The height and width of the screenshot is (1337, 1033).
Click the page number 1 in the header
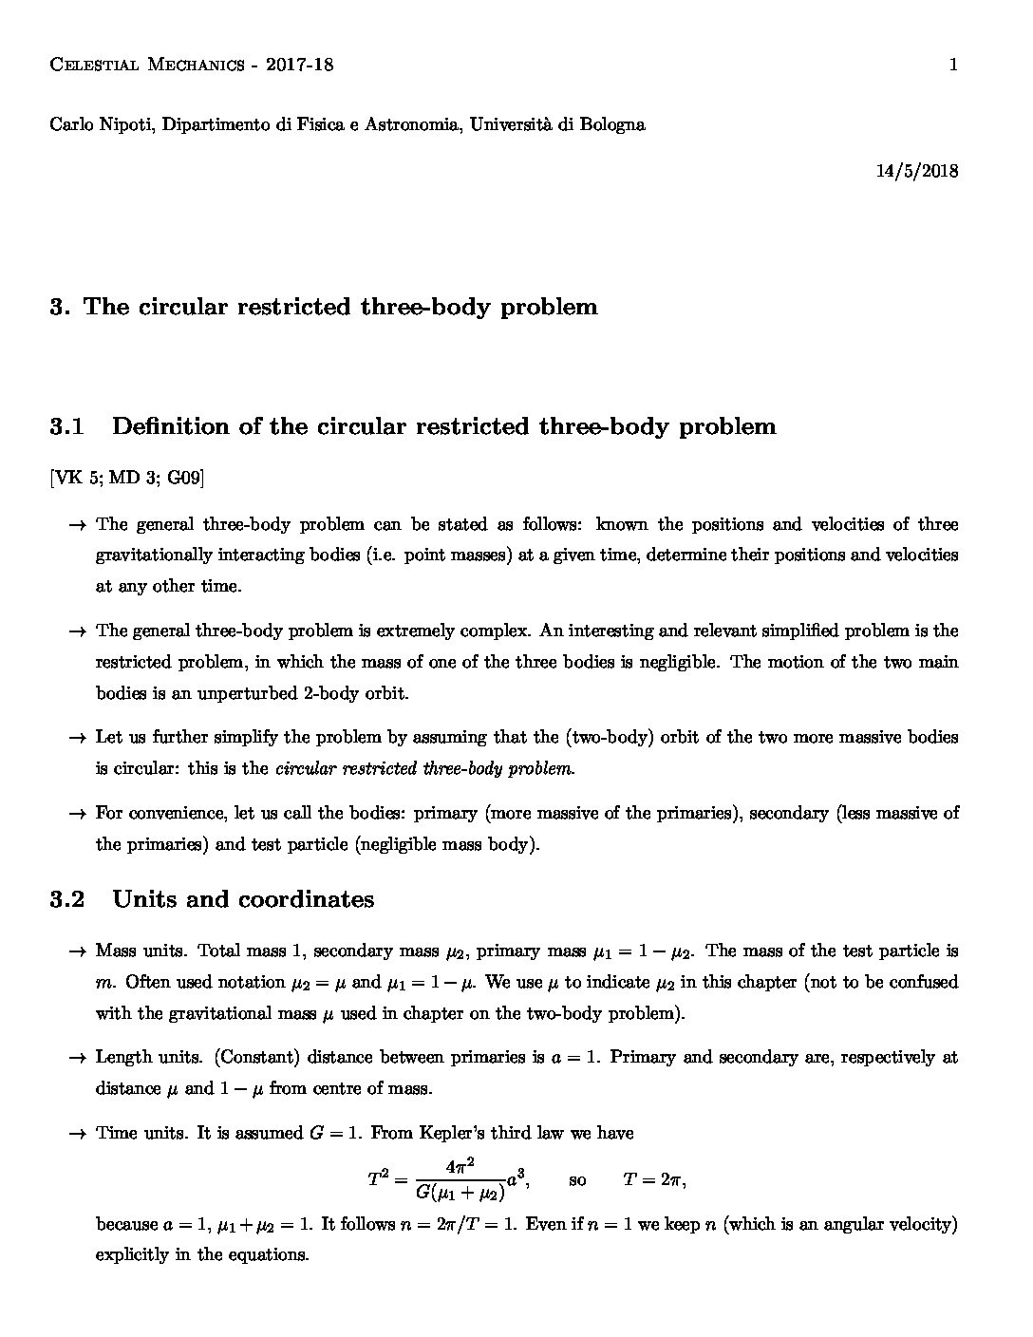[x=952, y=65]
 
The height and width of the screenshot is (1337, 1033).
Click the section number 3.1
[x=67, y=426]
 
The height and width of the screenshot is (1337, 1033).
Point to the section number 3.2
[x=67, y=899]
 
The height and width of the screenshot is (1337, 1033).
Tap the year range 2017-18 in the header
[x=300, y=65]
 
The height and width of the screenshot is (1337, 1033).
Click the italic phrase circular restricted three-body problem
[x=424, y=768]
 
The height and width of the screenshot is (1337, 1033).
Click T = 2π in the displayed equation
[x=653, y=1179]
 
